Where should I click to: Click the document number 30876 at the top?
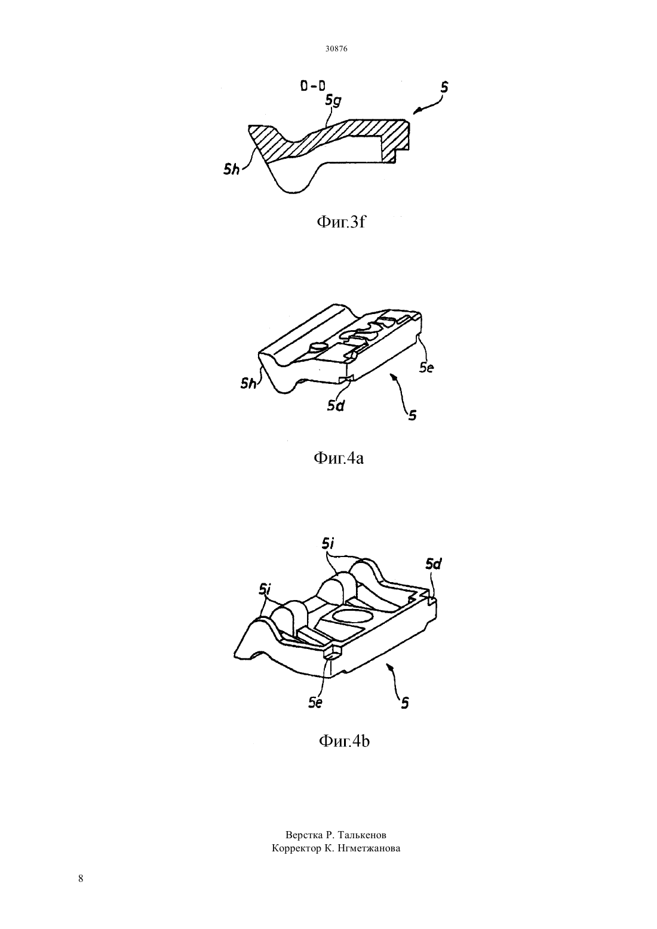coord(336,48)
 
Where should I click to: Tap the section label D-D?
coord(313,86)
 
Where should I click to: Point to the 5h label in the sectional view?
coord(232,169)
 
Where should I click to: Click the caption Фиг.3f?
coord(341,222)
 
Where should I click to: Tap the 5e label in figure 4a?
coord(426,367)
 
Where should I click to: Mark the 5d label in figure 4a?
coord(336,406)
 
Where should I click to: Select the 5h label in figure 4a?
coord(248,384)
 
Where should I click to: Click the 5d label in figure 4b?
coord(434,564)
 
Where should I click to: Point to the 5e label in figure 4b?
coord(315,703)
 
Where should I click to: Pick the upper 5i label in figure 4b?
coord(327,543)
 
